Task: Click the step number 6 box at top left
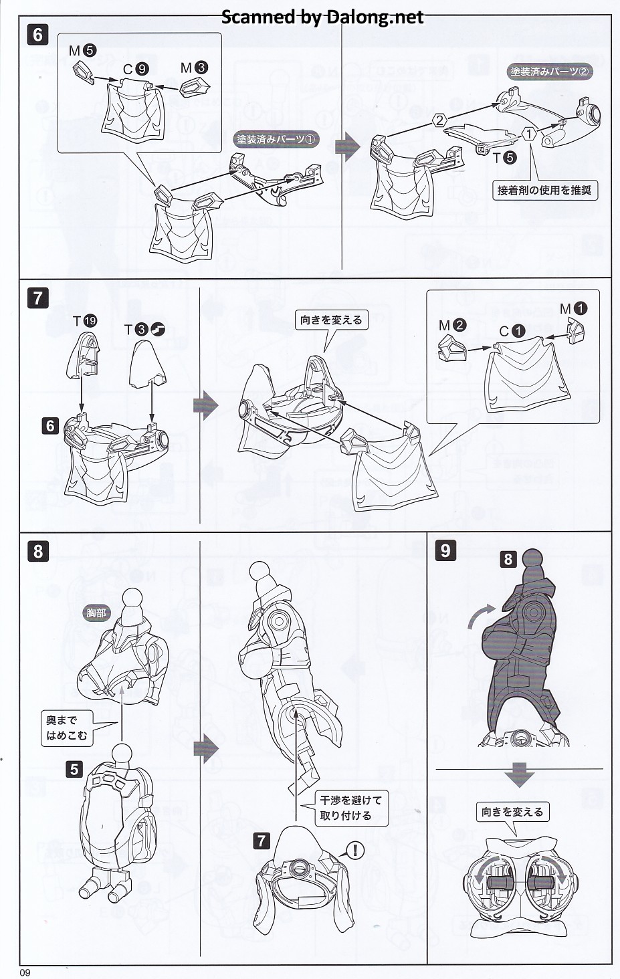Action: tap(37, 34)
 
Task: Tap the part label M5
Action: tap(82, 51)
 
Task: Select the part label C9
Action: tap(136, 69)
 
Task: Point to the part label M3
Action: tap(194, 68)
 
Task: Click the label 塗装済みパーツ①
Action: tap(276, 139)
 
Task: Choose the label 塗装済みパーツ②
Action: tap(550, 72)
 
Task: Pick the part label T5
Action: tap(505, 157)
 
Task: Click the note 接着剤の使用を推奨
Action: tap(545, 190)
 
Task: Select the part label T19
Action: tap(85, 321)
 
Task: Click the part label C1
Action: tap(512, 332)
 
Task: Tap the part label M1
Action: tap(574, 309)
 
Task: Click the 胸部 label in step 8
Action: tap(96, 613)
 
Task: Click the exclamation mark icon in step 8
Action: tap(355, 850)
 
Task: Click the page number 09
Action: tap(25, 972)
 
